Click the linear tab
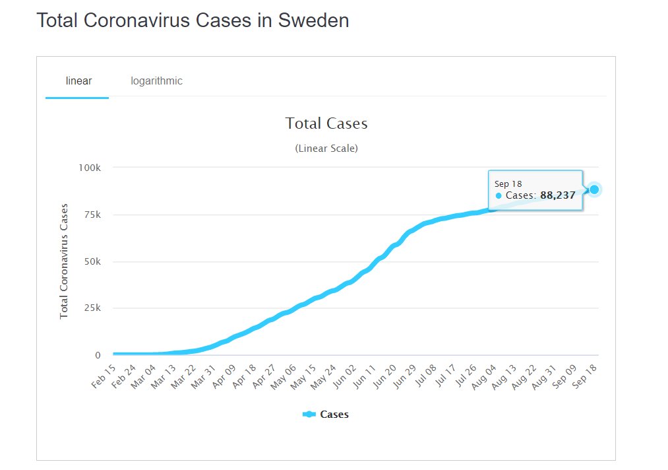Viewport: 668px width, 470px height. click(x=78, y=81)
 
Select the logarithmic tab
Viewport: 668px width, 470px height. click(x=156, y=81)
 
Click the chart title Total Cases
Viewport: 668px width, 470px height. click(x=326, y=123)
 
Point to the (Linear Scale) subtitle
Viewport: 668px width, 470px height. click(x=326, y=149)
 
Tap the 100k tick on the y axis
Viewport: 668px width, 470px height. click(x=90, y=168)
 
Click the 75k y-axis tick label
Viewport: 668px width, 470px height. click(x=92, y=215)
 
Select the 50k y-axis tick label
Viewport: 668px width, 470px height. click(x=92, y=261)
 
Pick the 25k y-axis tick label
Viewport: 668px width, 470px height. click(x=92, y=308)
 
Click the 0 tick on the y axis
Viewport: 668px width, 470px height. click(x=98, y=355)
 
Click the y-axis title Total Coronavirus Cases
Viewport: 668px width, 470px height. click(x=64, y=261)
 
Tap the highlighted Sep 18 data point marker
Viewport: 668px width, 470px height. click(x=594, y=189)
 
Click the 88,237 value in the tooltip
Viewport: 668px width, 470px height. click(x=558, y=195)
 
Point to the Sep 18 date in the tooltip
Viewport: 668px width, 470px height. click(x=508, y=184)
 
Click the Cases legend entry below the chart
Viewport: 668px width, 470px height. click(x=326, y=414)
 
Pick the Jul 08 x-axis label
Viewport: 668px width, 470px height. click(x=426, y=375)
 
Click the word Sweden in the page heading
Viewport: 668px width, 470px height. click(x=313, y=20)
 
